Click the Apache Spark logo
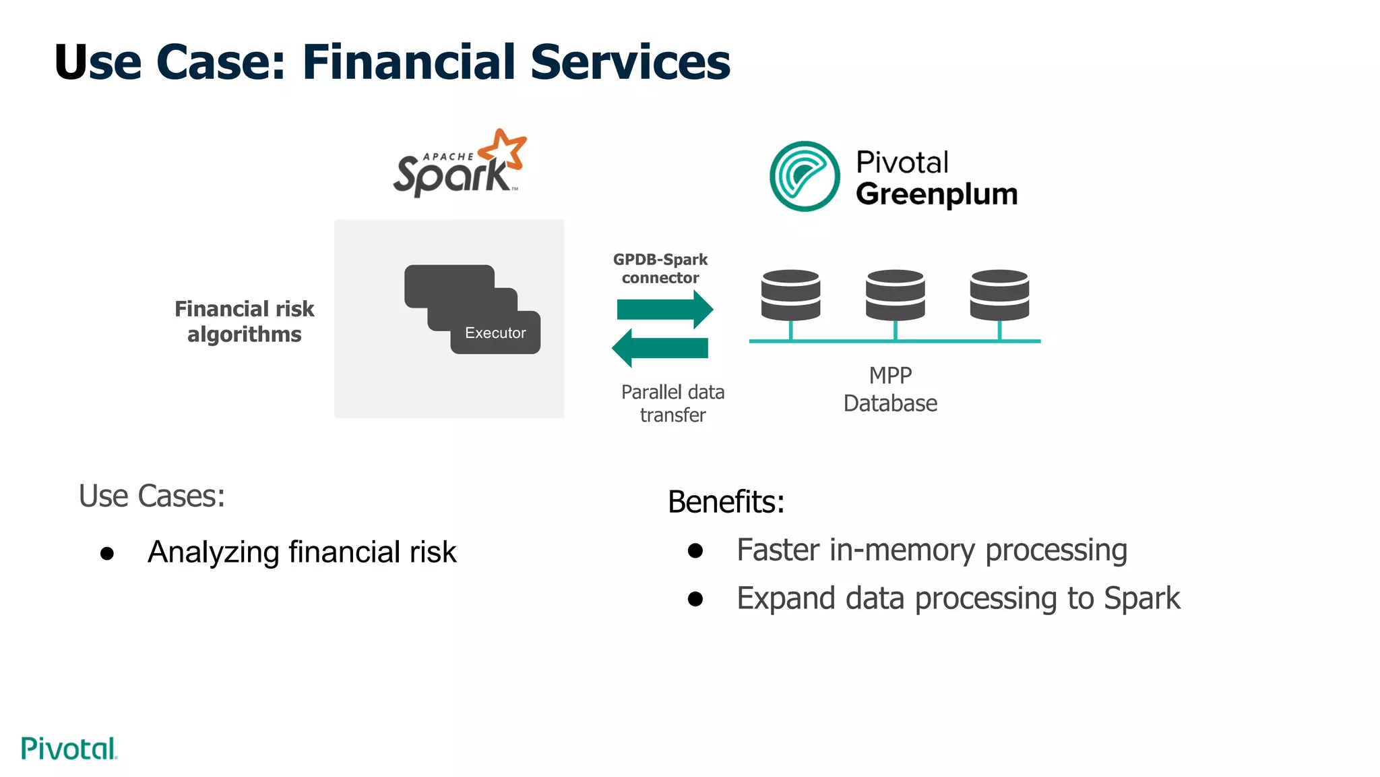tap(458, 165)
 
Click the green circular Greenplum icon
tap(805, 176)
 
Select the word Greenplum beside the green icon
tap(937, 194)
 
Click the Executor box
tap(495, 333)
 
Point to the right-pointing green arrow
tap(664, 310)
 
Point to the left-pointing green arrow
tap(660, 348)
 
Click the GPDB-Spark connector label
tap(660, 268)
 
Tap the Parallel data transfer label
tap(672, 403)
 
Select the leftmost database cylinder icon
tap(790, 295)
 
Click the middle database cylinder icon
tap(895, 295)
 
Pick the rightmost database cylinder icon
tap(999, 295)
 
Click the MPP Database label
tap(890, 389)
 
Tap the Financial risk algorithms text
tap(245, 322)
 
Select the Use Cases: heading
tap(152, 496)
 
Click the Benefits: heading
tap(726, 502)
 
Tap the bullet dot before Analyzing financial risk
tap(107, 554)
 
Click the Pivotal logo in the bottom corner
tap(69, 749)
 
